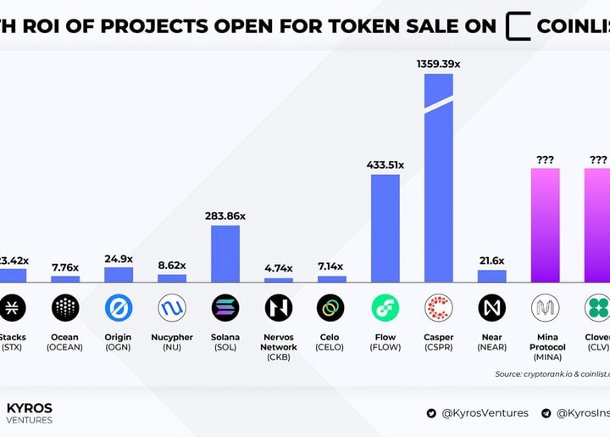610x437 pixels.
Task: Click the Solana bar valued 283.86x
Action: tap(225, 253)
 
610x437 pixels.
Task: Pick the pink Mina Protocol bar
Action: tap(545, 225)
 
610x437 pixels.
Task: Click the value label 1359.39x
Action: tap(438, 64)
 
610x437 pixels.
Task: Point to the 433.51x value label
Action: tap(385, 165)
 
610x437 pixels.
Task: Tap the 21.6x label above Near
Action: tap(491, 261)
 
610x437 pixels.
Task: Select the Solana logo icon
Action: tap(225, 307)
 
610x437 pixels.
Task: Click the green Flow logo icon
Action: tap(385, 307)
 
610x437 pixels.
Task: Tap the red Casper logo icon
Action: tap(438, 307)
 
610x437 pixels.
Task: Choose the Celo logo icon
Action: tap(331, 307)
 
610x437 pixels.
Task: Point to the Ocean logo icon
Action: tap(65, 307)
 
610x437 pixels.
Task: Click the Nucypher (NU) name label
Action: tap(172, 342)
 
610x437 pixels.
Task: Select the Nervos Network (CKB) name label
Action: tap(279, 347)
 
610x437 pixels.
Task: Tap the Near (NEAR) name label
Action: tap(491, 342)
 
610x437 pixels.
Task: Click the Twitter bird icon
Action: tap(433, 413)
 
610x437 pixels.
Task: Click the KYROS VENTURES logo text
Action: tap(30, 413)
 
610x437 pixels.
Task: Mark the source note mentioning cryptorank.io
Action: tap(552, 373)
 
